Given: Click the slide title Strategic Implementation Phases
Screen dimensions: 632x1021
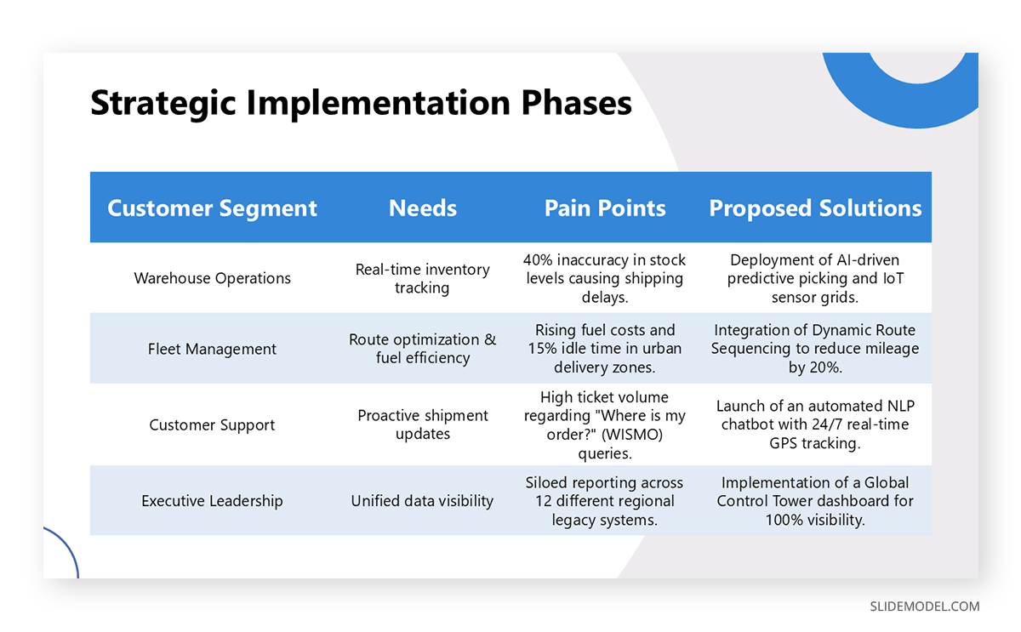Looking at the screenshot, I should point(361,103).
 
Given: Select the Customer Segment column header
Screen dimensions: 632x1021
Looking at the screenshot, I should point(212,208).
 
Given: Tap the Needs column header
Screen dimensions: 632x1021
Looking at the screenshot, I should point(422,208).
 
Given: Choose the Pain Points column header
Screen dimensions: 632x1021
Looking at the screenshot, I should point(605,208).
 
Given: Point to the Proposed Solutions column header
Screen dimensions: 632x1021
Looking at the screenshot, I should point(815,208).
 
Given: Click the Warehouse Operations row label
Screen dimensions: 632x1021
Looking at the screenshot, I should point(212,278).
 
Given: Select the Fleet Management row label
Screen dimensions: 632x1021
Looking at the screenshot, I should point(212,349).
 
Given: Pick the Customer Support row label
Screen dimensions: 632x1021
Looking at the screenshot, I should point(212,424).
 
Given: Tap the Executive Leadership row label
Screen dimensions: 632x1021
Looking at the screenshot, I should point(212,501).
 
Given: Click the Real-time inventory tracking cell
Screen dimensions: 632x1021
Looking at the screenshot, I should point(422,278).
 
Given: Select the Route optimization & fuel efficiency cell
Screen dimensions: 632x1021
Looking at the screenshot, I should point(422,349).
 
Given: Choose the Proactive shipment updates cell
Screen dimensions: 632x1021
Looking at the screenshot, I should point(422,424).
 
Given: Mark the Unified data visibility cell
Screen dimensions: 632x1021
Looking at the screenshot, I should point(422,501).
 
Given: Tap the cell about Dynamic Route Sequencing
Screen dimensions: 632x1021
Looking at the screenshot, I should point(815,349).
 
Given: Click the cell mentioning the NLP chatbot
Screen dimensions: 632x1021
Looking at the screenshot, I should point(815,424).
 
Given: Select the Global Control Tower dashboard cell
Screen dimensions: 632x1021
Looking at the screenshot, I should point(815,501).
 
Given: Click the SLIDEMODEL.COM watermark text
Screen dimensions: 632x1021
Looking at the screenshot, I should point(924,606).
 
